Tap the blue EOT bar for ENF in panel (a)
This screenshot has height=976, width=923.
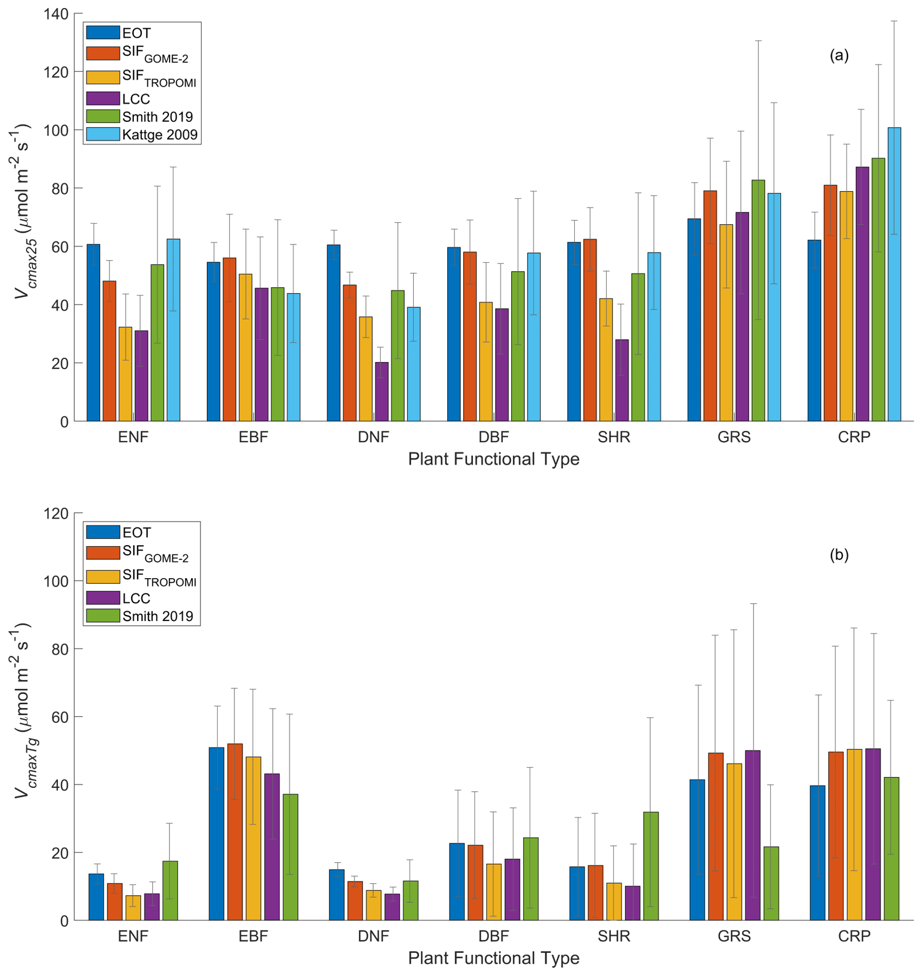[x=93, y=333]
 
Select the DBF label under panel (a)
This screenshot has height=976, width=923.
[x=493, y=437]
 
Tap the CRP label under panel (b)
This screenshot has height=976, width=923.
[x=854, y=936]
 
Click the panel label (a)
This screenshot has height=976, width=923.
[x=839, y=55]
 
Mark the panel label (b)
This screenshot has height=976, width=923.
[x=839, y=554]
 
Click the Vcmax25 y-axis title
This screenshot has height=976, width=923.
[x=22, y=211]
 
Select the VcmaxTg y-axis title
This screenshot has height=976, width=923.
[x=22, y=710]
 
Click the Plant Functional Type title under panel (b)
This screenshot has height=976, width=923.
[x=493, y=958]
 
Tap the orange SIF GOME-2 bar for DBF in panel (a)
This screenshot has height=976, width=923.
[x=470, y=337]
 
